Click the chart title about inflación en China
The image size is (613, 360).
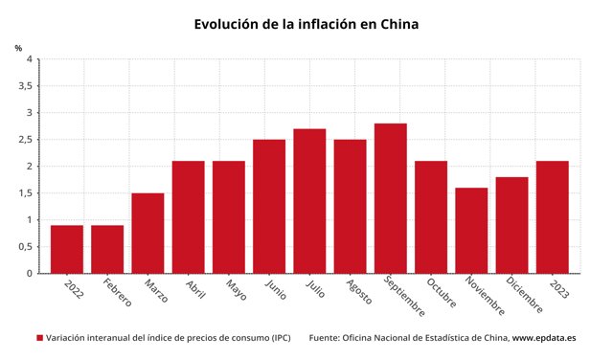coord(306,24)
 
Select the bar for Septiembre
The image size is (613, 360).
coord(390,198)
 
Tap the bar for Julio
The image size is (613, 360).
coord(309,201)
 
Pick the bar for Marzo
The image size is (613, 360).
coord(148,233)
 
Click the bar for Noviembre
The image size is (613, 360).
coord(471,230)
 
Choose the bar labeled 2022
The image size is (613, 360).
coord(67,249)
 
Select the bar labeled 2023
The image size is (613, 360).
coord(552,217)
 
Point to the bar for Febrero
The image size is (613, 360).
coord(107,249)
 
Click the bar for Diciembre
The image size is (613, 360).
coord(511,225)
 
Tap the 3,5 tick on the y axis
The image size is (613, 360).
coord(25,86)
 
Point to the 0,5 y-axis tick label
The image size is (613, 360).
coord(25,247)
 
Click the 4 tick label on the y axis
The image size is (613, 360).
coord(29,59)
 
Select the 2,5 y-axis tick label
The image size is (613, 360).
coord(25,140)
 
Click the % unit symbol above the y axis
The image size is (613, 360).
coord(18,47)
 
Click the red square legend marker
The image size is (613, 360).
coord(39,338)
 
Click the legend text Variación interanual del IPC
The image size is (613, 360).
coord(168,338)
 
